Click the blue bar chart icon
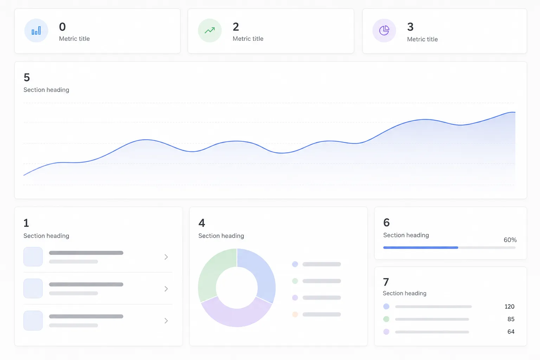[x=36, y=31]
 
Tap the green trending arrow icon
[x=210, y=30]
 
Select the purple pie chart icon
[x=384, y=31]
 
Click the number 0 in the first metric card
[x=63, y=26]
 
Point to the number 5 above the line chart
[x=27, y=77]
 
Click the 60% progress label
[x=510, y=240]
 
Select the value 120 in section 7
[x=509, y=307]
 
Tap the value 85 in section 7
[x=511, y=319]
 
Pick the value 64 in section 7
[x=511, y=332]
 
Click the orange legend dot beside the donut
[x=295, y=314]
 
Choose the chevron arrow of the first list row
[x=166, y=257]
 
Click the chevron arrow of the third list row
[x=166, y=321]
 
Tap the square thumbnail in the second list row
[x=33, y=288]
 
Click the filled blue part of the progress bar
[x=421, y=247]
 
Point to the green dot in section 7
[x=386, y=319]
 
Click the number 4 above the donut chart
[x=202, y=223]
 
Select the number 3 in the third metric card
[x=410, y=27]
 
